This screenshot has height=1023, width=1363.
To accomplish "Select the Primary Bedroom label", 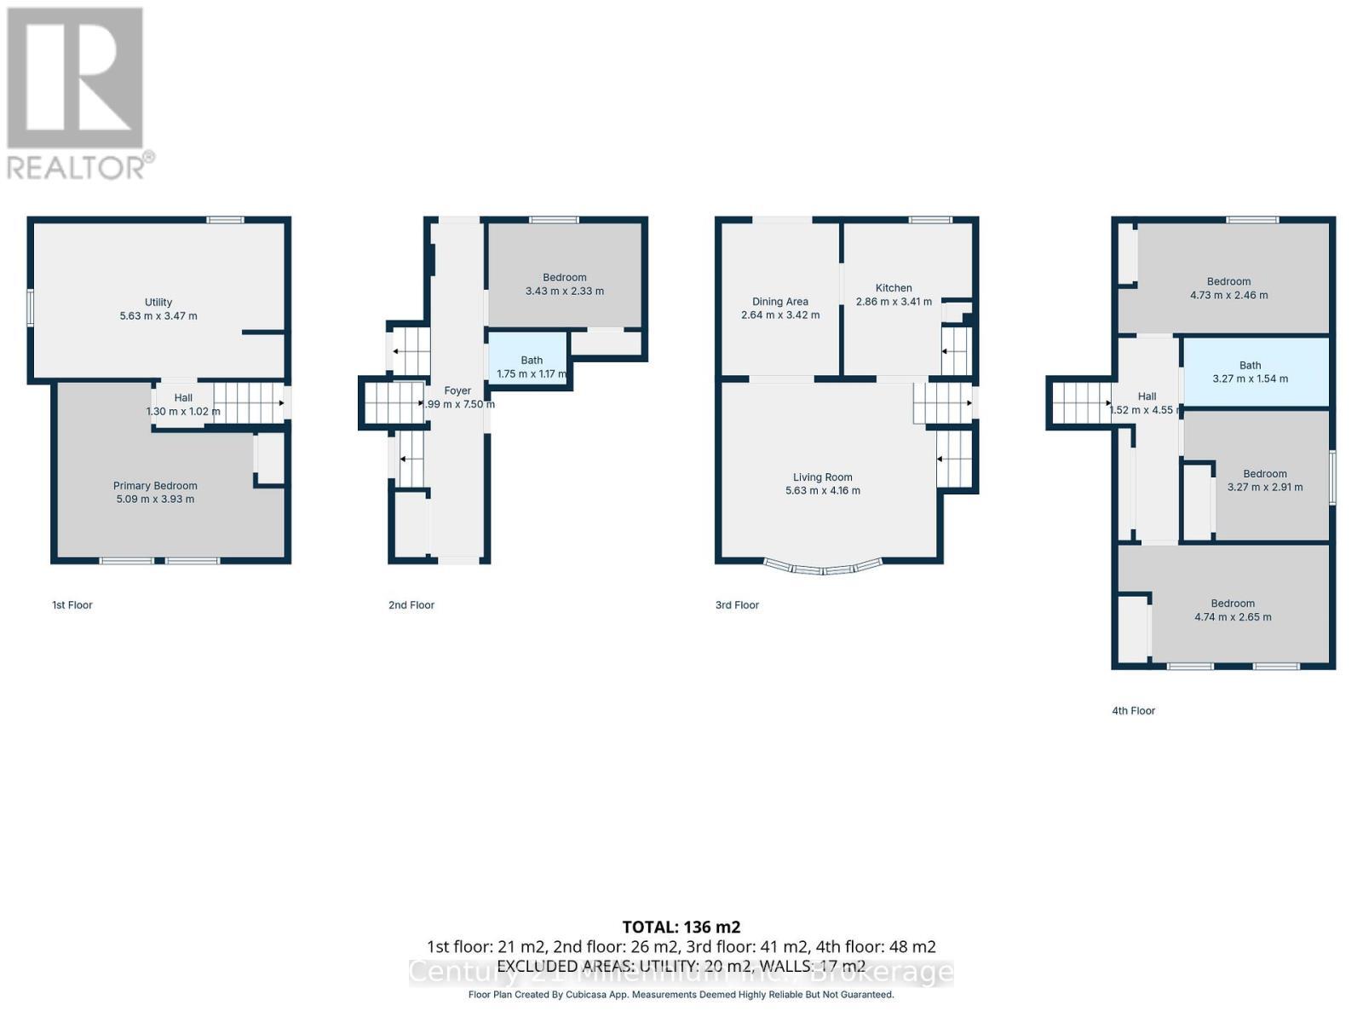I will click(x=155, y=486).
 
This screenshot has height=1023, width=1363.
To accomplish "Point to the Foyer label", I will click(x=457, y=391).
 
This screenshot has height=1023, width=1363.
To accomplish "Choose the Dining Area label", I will click(x=779, y=302).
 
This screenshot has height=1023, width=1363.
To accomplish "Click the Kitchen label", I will click(x=893, y=288).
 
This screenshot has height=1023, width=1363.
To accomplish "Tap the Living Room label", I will click(x=822, y=477).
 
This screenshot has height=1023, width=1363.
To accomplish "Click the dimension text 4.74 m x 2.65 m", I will click(x=1233, y=617).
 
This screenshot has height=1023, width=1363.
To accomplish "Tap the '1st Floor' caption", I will click(x=72, y=605).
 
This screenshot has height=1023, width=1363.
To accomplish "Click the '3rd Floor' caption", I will click(x=737, y=605).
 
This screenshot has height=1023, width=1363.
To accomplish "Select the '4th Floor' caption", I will click(x=1133, y=711).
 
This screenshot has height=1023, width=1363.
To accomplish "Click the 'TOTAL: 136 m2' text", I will click(x=681, y=927).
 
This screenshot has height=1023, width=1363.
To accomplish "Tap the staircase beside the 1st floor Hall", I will click(x=247, y=402).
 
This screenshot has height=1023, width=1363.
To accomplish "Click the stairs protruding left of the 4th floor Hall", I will click(x=1080, y=402).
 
